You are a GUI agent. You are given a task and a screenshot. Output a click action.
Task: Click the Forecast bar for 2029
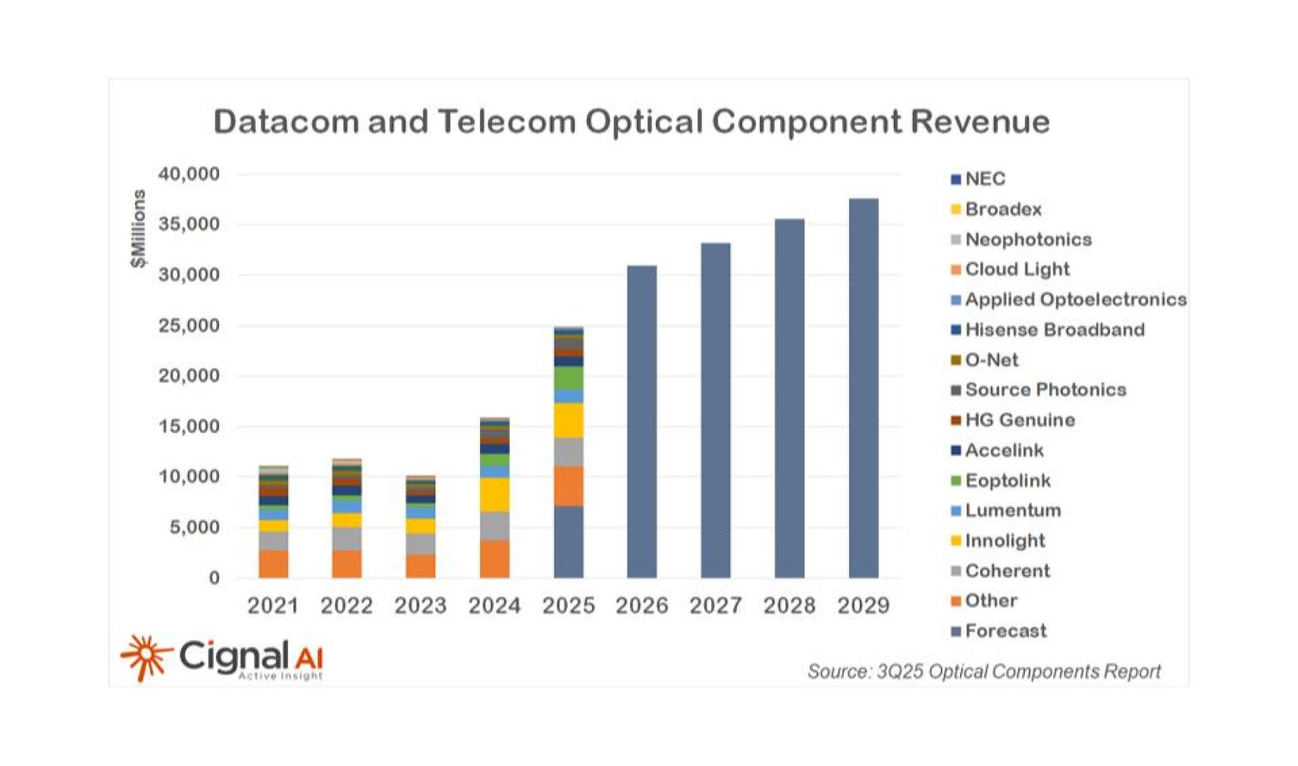pyautogui.click(x=863, y=388)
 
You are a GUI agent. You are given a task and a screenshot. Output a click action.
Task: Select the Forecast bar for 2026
pyautogui.click(x=641, y=422)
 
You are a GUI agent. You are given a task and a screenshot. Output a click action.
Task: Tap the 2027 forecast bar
pyautogui.click(x=715, y=410)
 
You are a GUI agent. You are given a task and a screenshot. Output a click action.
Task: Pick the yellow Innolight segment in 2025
pyautogui.click(x=568, y=420)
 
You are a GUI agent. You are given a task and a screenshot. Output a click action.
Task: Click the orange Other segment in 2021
pyautogui.click(x=273, y=564)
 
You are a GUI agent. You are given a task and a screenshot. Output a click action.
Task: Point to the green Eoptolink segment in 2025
pyautogui.click(x=568, y=378)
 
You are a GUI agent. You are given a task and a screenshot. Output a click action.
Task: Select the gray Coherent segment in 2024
pyautogui.click(x=494, y=526)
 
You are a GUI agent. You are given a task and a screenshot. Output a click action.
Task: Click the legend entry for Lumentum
pyautogui.click(x=1011, y=510)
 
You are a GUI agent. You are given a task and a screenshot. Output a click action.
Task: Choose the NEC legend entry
pyautogui.click(x=984, y=179)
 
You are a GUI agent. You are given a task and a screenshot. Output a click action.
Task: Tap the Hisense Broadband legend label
pyautogui.click(x=1054, y=330)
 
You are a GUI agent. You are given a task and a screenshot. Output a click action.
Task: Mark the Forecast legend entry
pyautogui.click(x=1005, y=631)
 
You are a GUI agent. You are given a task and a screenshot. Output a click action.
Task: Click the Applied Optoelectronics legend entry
pyautogui.click(x=1074, y=300)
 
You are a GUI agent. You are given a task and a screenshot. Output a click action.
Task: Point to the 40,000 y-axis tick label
pyautogui.click(x=189, y=174)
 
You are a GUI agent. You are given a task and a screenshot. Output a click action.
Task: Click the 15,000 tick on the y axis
pyautogui.click(x=189, y=426)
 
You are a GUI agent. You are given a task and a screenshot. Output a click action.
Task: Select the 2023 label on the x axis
pyautogui.click(x=420, y=606)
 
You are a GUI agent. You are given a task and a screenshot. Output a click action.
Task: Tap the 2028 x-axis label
pyautogui.click(x=789, y=606)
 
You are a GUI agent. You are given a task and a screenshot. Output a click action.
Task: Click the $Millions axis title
pyautogui.click(x=137, y=229)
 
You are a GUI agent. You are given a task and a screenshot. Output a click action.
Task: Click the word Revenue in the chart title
pyautogui.click(x=980, y=121)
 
